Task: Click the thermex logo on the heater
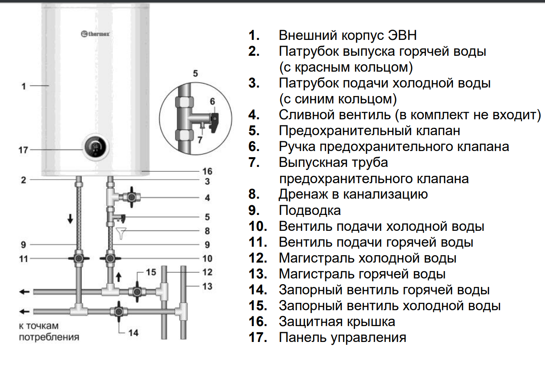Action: pos(95,34)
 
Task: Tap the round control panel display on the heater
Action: pos(96,148)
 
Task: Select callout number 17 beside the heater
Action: pos(23,150)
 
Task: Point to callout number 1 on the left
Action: pos(24,86)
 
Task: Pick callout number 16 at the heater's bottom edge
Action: pos(207,171)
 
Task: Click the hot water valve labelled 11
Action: pos(79,259)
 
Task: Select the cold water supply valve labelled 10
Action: pos(110,259)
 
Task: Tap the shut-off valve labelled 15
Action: pos(137,291)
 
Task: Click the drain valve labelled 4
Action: pos(131,198)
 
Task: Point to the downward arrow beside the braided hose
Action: pos(71,219)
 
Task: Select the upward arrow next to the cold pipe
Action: pos(119,277)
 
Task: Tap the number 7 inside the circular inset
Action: pos(200,140)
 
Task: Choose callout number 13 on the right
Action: pos(207,286)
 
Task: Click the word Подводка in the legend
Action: pos(309,210)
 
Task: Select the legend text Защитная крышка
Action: pos(337,322)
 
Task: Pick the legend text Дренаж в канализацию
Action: pos(353,194)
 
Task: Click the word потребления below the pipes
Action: pos(49,337)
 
